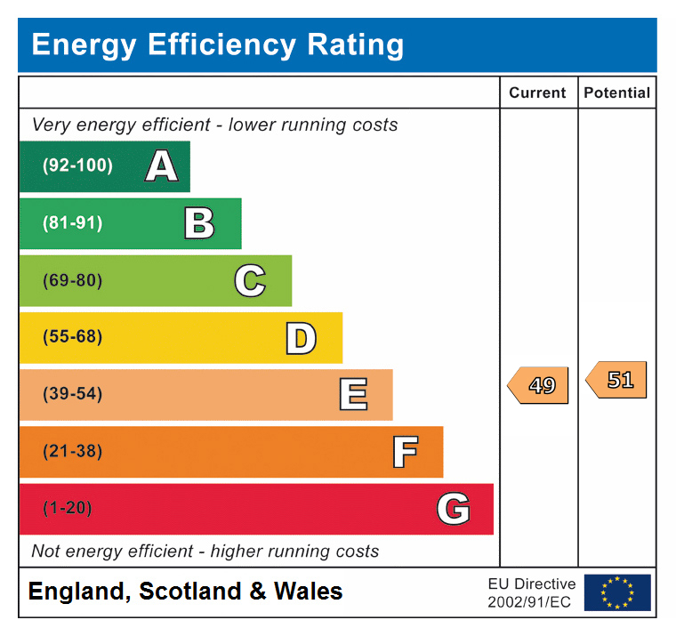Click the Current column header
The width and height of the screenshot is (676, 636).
pos(537,93)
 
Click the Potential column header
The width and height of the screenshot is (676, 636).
pos(616,93)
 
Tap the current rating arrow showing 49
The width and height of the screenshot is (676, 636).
pos(539,385)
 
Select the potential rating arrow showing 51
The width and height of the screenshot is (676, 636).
pos(617,380)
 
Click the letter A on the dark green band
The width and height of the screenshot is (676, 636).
pos(161,165)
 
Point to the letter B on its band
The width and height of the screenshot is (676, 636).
pos(199,223)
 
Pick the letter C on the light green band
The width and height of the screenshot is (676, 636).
pos(250,281)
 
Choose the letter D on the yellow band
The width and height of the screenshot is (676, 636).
pos(301,338)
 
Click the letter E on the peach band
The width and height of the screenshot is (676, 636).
pos(353,394)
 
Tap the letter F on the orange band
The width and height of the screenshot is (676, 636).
pos(405,452)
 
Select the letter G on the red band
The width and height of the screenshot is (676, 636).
pos(453,509)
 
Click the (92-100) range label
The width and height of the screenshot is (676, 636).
pos(78,165)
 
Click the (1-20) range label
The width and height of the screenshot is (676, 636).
pos(68,508)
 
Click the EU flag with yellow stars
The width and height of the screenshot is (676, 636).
pos(617,592)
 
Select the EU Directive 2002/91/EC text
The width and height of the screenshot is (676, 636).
pos(531,592)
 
